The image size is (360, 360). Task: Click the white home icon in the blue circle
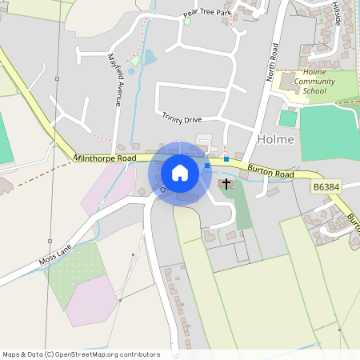(180, 173)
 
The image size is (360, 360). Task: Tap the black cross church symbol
(226, 184)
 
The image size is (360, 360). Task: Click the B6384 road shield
(326, 186)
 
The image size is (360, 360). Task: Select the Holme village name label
(276, 139)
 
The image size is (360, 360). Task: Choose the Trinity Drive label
(182, 118)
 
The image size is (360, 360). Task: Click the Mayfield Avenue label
(114, 79)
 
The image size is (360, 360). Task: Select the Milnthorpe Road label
(105, 158)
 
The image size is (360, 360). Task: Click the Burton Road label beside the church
(270, 171)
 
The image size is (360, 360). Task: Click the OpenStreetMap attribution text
(81, 354)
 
